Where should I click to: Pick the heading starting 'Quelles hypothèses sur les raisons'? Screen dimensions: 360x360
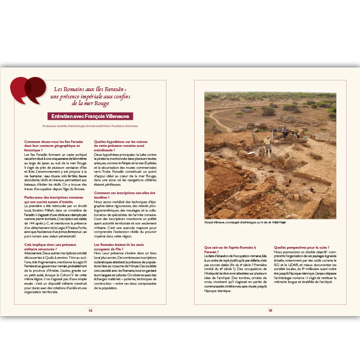click(x=124, y=143)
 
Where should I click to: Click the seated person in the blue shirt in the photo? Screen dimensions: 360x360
click(x=285, y=133)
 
